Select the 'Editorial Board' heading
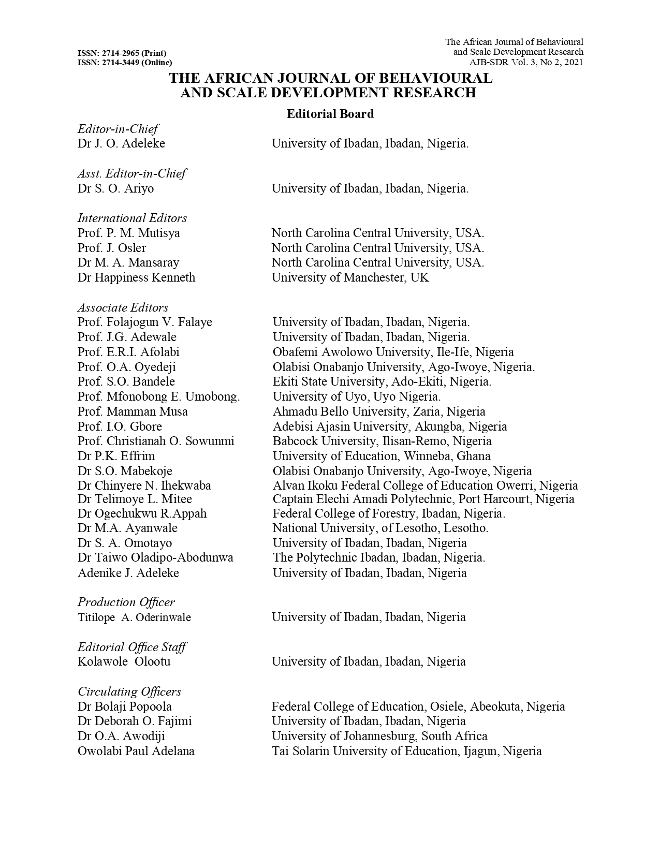click(330, 114)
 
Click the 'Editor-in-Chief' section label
click(118, 129)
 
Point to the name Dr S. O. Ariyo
click(115, 188)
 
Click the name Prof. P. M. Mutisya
click(128, 233)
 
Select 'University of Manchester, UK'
click(350, 277)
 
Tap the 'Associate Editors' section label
click(123, 307)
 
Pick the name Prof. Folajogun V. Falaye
click(144, 322)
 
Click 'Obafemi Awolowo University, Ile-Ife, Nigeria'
click(393, 352)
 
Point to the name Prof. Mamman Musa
click(133, 411)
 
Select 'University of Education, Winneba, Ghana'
click(382, 456)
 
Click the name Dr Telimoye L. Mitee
click(135, 499)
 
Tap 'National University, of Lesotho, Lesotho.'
click(380, 528)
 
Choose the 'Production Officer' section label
click(126, 602)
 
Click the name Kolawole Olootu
click(124, 661)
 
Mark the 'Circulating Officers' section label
click(129, 691)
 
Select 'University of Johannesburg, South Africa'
click(379, 736)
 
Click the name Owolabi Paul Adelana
click(136, 751)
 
